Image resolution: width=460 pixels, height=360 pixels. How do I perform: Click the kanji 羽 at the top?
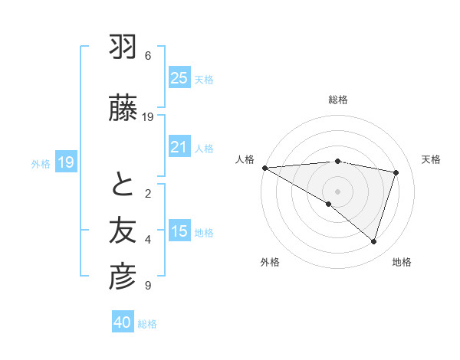(x=123, y=49)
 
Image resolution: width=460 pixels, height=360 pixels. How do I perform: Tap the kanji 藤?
(x=123, y=109)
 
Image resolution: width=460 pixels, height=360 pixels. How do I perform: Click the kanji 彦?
(x=123, y=277)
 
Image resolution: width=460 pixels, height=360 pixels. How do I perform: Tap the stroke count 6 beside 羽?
(x=148, y=56)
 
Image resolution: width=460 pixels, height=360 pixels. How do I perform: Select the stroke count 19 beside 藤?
(x=148, y=116)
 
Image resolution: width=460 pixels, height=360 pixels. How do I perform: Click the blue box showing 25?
(x=179, y=78)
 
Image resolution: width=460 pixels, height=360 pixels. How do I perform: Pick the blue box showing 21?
(x=179, y=147)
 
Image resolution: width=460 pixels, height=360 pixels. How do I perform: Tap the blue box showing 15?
(x=179, y=231)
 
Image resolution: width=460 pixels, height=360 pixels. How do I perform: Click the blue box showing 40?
(x=123, y=323)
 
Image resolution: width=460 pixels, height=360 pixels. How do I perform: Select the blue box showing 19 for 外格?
(x=65, y=162)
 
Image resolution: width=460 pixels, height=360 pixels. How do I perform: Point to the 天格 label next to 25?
(x=204, y=80)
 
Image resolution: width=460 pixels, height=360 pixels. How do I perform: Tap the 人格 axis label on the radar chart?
(x=245, y=159)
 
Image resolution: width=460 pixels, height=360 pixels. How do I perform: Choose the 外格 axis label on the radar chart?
(x=270, y=262)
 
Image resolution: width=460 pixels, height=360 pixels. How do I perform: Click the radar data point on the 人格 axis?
(x=264, y=167)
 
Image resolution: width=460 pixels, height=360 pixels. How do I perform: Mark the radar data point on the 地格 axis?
(x=373, y=241)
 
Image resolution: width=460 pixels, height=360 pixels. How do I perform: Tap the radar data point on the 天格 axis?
(x=396, y=172)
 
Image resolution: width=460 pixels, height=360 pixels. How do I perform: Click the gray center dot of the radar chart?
(x=337, y=190)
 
